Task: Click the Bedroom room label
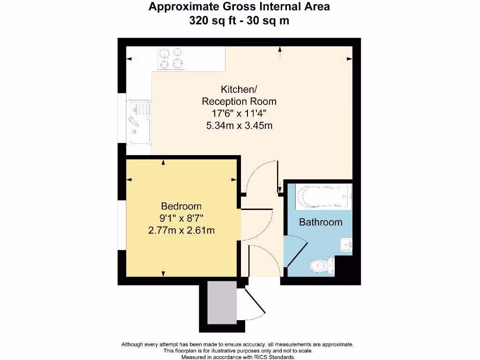pyautogui.click(x=181, y=206)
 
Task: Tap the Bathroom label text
pyautogui.click(x=321, y=222)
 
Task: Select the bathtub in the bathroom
pyautogui.click(x=324, y=197)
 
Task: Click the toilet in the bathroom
pyautogui.click(x=323, y=266)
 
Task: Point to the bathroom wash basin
pyautogui.click(x=346, y=244)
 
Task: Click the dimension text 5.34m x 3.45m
pyautogui.click(x=239, y=125)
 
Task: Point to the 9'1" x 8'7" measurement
pyautogui.click(x=181, y=218)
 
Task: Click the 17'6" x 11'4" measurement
pyautogui.click(x=239, y=113)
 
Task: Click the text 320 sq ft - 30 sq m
pyautogui.click(x=239, y=21)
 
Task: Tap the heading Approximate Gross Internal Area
pyautogui.click(x=239, y=7)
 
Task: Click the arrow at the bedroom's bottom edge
pyautogui.click(x=163, y=273)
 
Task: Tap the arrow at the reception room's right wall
pyautogui.click(x=349, y=59)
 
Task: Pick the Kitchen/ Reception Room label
pyautogui.click(x=239, y=95)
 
